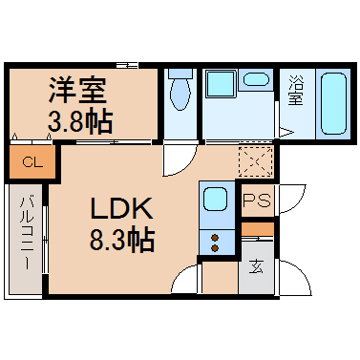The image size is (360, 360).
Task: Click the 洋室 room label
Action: (77, 91)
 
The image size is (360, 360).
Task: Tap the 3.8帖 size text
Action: (80, 121)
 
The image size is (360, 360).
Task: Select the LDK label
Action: (121, 208)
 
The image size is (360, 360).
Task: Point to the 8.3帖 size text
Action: (122, 240)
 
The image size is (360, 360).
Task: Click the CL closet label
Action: (32, 163)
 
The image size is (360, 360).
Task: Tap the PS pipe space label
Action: (257, 201)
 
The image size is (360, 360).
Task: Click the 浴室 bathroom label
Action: (296, 90)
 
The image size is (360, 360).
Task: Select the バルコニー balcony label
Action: (27, 233)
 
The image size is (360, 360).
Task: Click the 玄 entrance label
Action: (256, 266)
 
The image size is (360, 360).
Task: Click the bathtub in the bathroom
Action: (333, 103)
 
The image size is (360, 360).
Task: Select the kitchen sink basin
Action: (215, 199)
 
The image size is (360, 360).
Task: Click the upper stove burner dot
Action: (216, 238)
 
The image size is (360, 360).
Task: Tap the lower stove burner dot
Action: (216, 248)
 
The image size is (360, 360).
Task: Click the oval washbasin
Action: (257, 79)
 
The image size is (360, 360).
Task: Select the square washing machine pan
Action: (222, 84)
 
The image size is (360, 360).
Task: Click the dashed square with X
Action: (256, 161)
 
